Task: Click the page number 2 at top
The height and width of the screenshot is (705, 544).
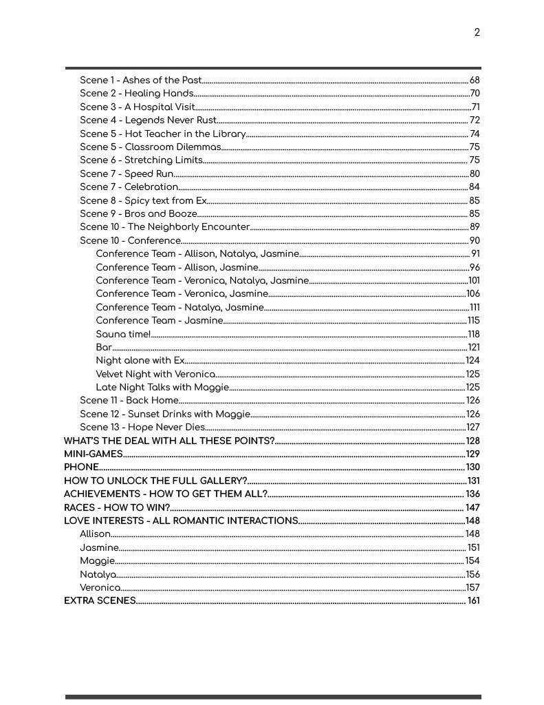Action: point(477,32)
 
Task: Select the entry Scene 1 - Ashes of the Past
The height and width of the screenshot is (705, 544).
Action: point(140,81)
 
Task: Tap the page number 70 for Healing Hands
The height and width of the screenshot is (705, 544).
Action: point(475,94)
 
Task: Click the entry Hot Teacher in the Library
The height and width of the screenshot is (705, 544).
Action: point(162,134)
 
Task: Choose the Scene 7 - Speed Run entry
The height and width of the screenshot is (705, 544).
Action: point(127,174)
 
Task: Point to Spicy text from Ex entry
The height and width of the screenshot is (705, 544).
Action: point(143,201)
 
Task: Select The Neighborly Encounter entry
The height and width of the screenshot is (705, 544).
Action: point(164,227)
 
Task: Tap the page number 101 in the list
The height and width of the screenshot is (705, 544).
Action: point(474,281)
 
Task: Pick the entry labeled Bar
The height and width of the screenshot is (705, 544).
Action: point(104,348)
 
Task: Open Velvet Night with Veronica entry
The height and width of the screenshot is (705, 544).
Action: point(155,375)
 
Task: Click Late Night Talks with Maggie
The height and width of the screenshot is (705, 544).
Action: point(162,388)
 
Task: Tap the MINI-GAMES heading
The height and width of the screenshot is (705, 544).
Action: point(93,454)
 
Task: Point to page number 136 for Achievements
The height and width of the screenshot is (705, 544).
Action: point(472,494)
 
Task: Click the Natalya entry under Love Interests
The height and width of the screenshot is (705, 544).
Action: point(98,574)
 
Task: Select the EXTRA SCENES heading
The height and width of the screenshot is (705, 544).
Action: point(100,601)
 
